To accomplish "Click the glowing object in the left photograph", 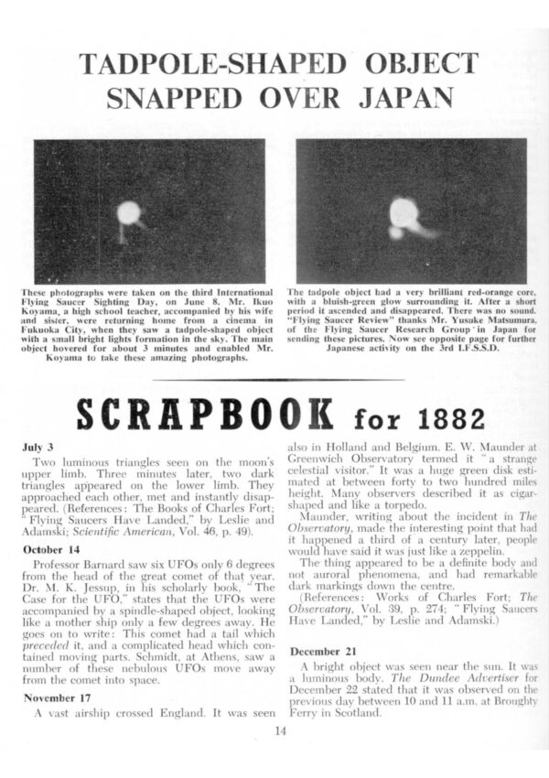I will (x=129, y=213).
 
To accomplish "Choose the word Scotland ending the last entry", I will (x=379, y=711).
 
